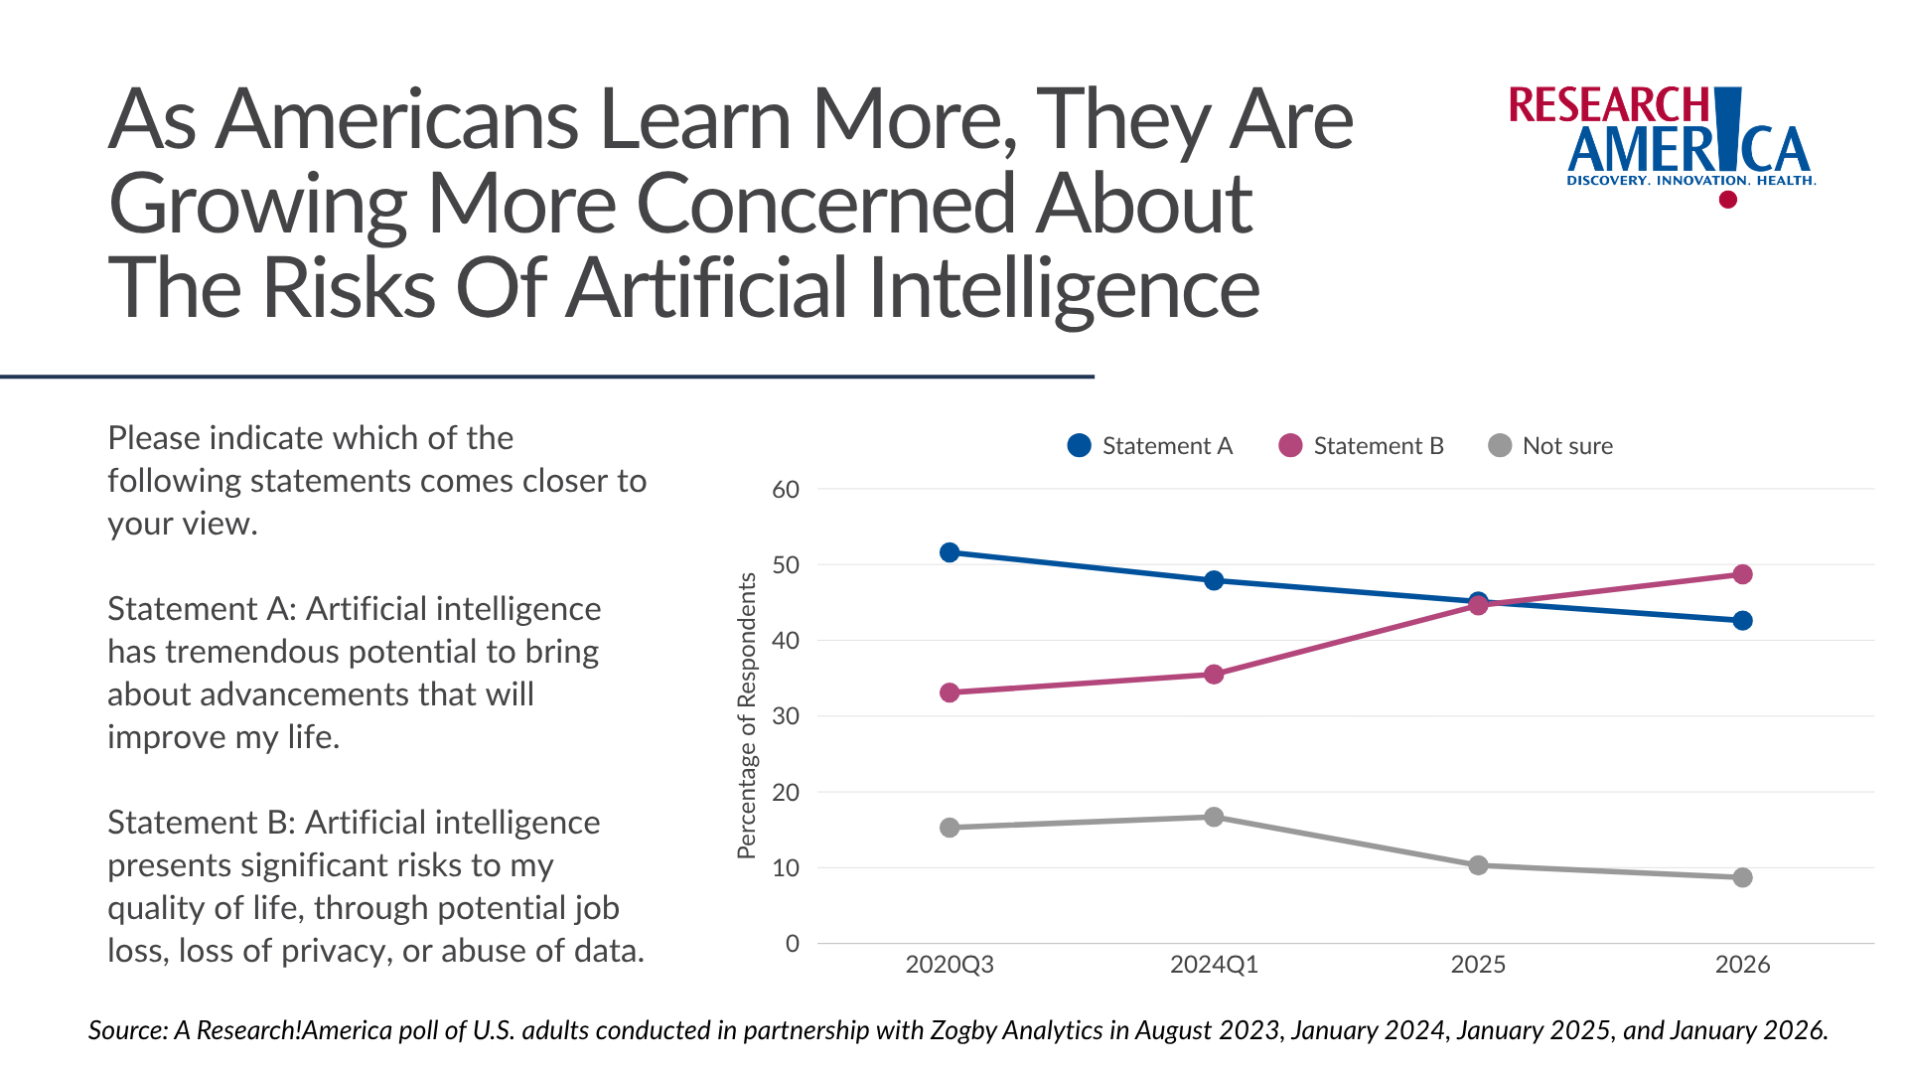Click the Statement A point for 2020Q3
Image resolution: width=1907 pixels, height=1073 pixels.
(x=950, y=552)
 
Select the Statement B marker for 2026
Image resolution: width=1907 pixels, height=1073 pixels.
(x=1742, y=574)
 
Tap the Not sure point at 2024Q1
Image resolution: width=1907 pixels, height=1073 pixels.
(x=1214, y=817)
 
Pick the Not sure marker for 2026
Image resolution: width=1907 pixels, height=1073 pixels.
(x=1742, y=877)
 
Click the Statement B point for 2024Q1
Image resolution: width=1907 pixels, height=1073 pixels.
(x=1214, y=675)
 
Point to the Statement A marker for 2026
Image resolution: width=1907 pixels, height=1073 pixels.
(x=1742, y=621)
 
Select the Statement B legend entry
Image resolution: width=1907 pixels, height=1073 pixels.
(x=1362, y=446)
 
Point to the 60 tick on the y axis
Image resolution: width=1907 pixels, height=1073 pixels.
(x=786, y=490)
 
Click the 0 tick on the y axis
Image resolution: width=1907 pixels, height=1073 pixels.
(x=792, y=944)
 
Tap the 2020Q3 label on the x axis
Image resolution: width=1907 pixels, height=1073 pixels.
(x=950, y=965)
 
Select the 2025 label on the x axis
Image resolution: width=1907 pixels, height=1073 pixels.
(x=1478, y=965)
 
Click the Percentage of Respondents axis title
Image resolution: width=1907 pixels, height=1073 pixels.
(x=747, y=715)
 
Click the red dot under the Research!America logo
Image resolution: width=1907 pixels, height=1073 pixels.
(x=1728, y=200)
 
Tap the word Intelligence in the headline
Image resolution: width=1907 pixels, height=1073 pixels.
(x=1064, y=289)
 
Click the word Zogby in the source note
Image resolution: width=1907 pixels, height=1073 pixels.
(x=962, y=1030)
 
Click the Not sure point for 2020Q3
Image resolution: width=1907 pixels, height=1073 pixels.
(x=950, y=828)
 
